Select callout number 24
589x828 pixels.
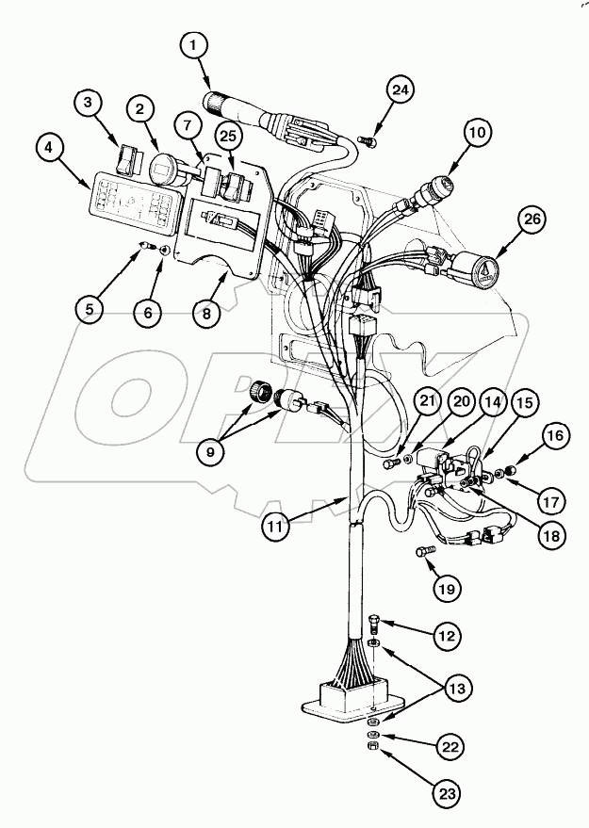coord(400,90)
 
